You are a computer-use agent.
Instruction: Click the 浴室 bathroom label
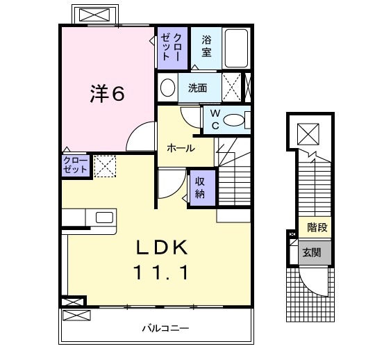click(207, 45)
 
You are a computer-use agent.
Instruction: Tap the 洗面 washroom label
click(198, 88)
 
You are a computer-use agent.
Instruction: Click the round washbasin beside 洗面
click(167, 88)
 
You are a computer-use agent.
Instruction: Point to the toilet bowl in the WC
click(235, 120)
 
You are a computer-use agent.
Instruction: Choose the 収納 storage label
click(200, 187)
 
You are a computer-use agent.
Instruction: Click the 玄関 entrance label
click(312, 253)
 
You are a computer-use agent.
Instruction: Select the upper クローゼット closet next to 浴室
click(171, 47)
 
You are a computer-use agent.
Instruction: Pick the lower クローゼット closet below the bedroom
click(75, 165)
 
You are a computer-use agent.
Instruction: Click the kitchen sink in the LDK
click(105, 218)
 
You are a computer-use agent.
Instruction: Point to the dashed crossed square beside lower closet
click(105, 167)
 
